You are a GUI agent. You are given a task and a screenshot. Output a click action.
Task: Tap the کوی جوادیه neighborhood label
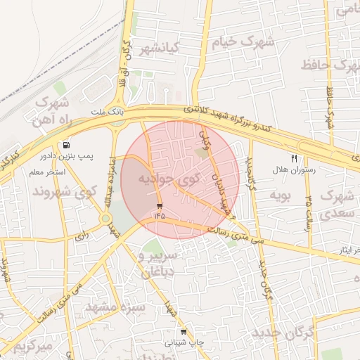[x=168, y=179]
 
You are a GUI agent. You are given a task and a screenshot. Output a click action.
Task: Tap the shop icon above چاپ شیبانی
[x=184, y=332]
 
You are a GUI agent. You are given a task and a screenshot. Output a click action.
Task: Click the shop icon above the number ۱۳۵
[x=160, y=206]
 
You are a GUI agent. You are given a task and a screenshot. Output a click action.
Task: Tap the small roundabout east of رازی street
[x=105, y=219]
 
